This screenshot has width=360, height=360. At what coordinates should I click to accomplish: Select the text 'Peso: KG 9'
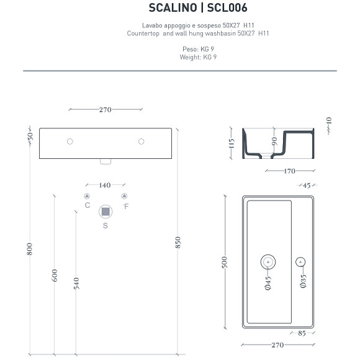(199, 48)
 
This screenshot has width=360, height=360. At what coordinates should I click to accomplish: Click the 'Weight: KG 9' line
(199, 56)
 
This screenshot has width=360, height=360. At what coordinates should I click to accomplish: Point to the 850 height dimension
(179, 243)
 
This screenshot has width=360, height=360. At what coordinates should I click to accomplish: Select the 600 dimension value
(55, 276)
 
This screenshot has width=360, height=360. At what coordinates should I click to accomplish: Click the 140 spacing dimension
(105, 185)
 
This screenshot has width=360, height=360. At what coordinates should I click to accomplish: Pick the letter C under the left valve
(87, 205)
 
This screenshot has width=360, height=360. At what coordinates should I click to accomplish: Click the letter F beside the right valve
(126, 205)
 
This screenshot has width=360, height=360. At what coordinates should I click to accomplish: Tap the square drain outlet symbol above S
(105, 212)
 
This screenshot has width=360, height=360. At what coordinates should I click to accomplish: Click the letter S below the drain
(105, 226)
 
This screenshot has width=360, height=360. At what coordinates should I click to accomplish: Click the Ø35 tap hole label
(302, 281)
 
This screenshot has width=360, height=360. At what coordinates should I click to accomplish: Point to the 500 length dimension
(225, 263)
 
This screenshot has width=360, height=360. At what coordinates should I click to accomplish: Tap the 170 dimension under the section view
(289, 171)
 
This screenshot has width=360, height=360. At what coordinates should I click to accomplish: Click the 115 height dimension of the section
(231, 146)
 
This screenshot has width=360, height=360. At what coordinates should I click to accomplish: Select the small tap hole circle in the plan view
(301, 262)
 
